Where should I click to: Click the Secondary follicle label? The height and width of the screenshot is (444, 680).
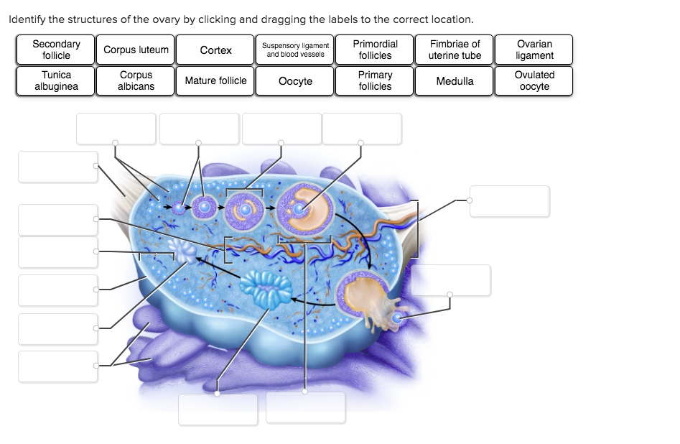[56, 50]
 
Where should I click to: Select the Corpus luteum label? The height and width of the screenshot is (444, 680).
[136, 50]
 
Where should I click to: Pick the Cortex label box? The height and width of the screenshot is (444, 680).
[215, 50]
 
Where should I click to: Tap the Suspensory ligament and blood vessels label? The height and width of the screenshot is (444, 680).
[295, 50]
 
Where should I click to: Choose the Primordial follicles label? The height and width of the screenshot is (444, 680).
[375, 50]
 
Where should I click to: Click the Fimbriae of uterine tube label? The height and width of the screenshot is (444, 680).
[455, 50]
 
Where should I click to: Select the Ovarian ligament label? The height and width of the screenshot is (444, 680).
[534, 50]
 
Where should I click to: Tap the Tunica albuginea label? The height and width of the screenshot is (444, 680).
[56, 80]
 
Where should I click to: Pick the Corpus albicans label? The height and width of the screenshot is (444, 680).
[136, 80]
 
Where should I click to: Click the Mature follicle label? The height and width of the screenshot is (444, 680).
[215, 80]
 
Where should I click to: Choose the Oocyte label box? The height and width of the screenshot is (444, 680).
[295, 80]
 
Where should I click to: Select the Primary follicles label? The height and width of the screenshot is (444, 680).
[375, 80]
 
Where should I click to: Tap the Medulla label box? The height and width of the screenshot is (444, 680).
[455, 80]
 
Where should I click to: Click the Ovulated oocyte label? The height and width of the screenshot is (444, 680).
[534, 80]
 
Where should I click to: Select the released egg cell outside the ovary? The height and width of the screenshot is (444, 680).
[397, 316]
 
